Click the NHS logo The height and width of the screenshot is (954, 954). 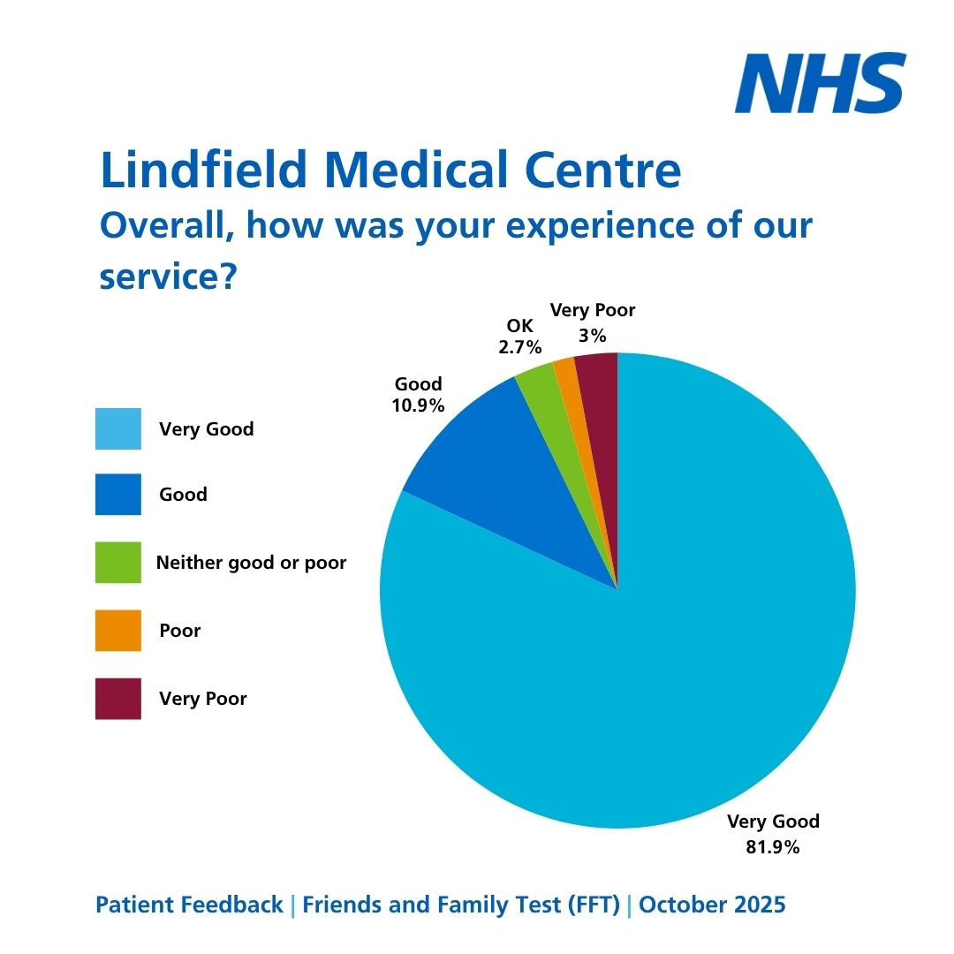[821, 83]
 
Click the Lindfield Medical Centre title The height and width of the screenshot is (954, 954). [390, 170]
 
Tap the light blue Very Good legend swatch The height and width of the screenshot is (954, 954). [117, 429]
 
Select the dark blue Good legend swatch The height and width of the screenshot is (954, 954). [117, 495]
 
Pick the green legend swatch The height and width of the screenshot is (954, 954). [117, 563]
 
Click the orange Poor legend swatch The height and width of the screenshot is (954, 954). [117, 631]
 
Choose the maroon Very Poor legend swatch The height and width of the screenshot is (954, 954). [117, 699]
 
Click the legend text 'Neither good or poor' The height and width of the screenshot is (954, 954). [251, 563]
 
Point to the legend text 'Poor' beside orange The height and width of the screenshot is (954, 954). [180, 631]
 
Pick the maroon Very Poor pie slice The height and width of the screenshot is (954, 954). [600, 389]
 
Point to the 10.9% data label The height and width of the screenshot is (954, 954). [419, 406]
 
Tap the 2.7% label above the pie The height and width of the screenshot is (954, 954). [519, 348]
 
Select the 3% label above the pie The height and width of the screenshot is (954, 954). [593, 336]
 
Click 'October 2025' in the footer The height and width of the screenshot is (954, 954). [712, 905]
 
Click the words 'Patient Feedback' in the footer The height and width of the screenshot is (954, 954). [189, 905]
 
